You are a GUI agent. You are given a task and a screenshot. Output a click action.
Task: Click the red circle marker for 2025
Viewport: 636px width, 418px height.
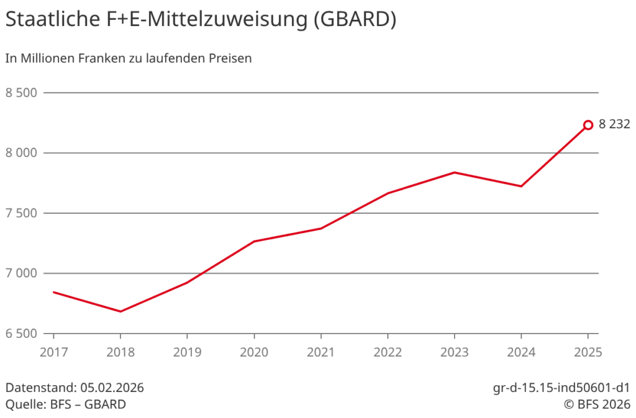coord(588,125)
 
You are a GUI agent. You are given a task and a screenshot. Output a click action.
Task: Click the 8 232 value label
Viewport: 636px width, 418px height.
coord(614,124)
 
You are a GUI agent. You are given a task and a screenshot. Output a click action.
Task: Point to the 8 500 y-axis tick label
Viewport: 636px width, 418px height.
coord(22,93)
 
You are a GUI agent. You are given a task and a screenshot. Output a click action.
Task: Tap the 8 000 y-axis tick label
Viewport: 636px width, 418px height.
coord(22,153)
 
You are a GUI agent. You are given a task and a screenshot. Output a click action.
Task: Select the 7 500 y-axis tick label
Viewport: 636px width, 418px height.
coord(22,213)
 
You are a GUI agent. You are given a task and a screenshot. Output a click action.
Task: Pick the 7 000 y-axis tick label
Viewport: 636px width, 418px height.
coord(22,273)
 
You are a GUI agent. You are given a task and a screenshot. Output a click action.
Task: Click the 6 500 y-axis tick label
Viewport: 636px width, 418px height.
coord(22,334)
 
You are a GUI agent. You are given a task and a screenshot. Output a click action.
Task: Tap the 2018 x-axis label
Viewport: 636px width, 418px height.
coord(120,352)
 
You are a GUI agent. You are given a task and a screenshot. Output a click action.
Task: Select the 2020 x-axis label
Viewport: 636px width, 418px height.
coord(254,352)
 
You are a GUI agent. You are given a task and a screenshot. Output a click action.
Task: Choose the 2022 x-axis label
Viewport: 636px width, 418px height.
coord(388,352)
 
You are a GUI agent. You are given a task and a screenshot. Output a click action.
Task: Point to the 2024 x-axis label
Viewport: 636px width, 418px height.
coord(522,352)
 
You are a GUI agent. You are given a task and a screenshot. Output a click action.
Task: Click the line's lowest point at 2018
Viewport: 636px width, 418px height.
coord(120,311)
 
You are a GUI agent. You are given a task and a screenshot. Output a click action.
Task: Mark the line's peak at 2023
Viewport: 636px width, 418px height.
coord(455,172)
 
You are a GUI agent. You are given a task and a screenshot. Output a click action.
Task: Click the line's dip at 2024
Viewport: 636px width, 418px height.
coord(521,186)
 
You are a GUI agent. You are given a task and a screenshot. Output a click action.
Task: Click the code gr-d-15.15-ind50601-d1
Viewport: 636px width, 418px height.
coord(561,388)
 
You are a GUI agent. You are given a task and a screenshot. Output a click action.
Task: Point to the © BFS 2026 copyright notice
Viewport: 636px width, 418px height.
coord(596,404)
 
